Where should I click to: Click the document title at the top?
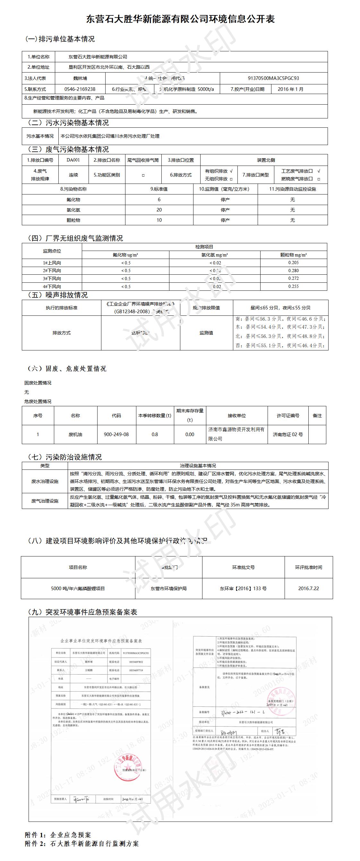(180, 19)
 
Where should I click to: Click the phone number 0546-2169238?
(80, 89)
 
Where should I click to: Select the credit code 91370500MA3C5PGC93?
(273, 78)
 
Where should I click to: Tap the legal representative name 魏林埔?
(80, 78)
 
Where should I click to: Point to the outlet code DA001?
(73, 160)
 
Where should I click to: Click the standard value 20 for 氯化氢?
(159, 210)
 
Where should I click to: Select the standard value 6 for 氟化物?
(159, 200)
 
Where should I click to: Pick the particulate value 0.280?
(293, 271)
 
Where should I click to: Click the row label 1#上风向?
(52, 263)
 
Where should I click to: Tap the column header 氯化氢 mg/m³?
(214, 255)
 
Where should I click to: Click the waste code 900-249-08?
(116, 435)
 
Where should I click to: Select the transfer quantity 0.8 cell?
(154, 435)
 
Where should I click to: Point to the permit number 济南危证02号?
(288, 435)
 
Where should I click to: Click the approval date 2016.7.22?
(309, 588)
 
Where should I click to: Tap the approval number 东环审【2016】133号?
(243, 588)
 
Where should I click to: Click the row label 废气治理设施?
(45, 501)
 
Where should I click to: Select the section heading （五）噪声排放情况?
(57, 295)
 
